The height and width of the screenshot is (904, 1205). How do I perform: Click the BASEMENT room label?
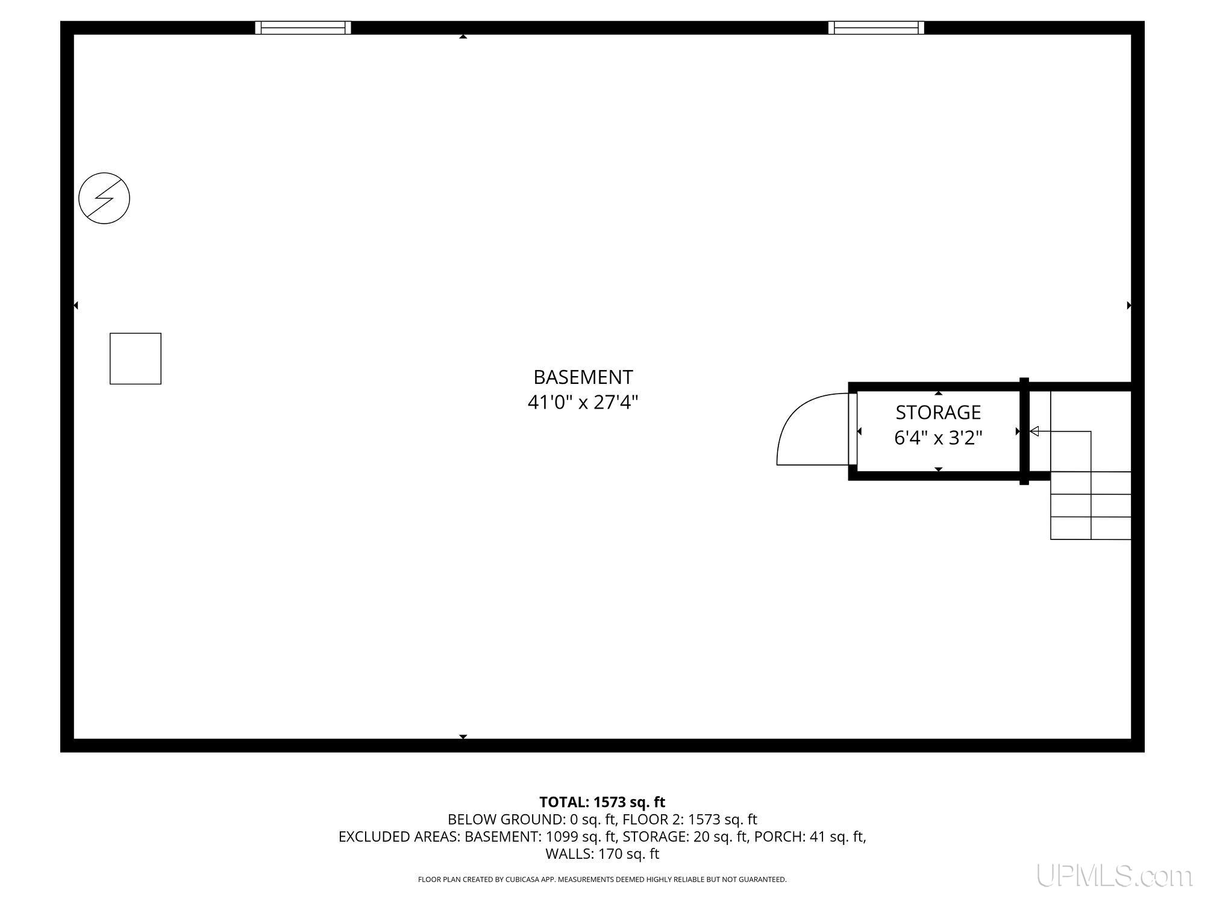pos(583,377)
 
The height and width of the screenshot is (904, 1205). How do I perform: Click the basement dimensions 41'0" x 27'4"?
pos(583,402)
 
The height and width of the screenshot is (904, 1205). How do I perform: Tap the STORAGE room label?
pos(938,412)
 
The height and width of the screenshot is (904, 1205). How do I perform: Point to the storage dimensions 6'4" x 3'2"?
pos(938,438)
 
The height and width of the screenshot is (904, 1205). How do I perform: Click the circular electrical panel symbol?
pos(104,198)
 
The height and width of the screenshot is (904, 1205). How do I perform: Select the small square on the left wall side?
pos(136,359)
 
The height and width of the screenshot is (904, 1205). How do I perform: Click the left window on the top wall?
pos(303,28)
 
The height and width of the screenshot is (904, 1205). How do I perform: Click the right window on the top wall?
pos(876,28)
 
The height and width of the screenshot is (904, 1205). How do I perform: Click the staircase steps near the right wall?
pos(1091,505)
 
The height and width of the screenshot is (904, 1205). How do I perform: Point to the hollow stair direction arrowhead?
pos(1034,431)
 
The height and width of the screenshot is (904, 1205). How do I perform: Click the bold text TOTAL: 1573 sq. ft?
pos(602,802)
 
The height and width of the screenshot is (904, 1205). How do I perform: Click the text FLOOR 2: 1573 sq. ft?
pos(690,820)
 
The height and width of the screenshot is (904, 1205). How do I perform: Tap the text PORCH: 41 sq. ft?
pos(810,837)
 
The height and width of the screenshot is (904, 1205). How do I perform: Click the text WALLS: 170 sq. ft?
pos(602,854)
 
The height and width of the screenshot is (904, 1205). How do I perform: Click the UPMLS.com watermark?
pos(1114,876)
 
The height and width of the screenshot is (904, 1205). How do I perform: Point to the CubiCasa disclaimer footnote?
pos(602,880)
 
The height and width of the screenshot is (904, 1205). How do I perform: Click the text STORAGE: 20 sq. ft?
pos(685,837)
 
